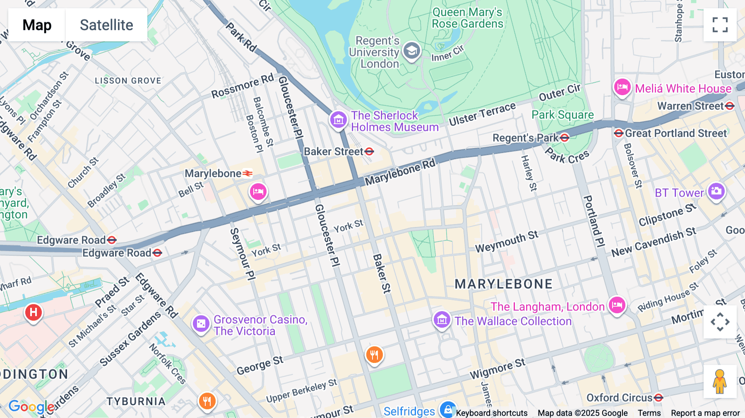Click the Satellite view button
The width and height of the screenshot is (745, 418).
point(106,25)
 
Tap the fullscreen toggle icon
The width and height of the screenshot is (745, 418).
point(720,25)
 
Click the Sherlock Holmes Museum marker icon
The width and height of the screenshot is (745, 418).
point(338,120)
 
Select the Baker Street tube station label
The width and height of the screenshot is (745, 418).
point(334,152)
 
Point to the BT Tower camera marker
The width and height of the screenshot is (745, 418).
point(716,191)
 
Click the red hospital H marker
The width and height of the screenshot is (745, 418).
point(34,312)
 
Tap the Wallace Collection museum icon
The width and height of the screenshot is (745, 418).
point(442,320)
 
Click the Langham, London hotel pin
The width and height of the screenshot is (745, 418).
point(617,305)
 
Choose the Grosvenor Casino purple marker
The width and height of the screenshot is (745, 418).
point(201,323)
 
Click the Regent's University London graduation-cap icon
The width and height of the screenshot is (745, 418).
point(411,51)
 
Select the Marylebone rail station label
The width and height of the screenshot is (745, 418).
point(213,173)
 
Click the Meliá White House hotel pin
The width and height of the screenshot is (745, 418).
point(622,87)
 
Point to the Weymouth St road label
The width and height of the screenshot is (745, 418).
point(507,242)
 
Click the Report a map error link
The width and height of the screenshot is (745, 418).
point(705,413)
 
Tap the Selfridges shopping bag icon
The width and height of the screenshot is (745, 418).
point(448,410)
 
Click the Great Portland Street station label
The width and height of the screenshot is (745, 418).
point(675,133)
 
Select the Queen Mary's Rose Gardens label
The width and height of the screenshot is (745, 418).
point(467,18)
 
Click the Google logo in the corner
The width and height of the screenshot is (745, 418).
point(31,407)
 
